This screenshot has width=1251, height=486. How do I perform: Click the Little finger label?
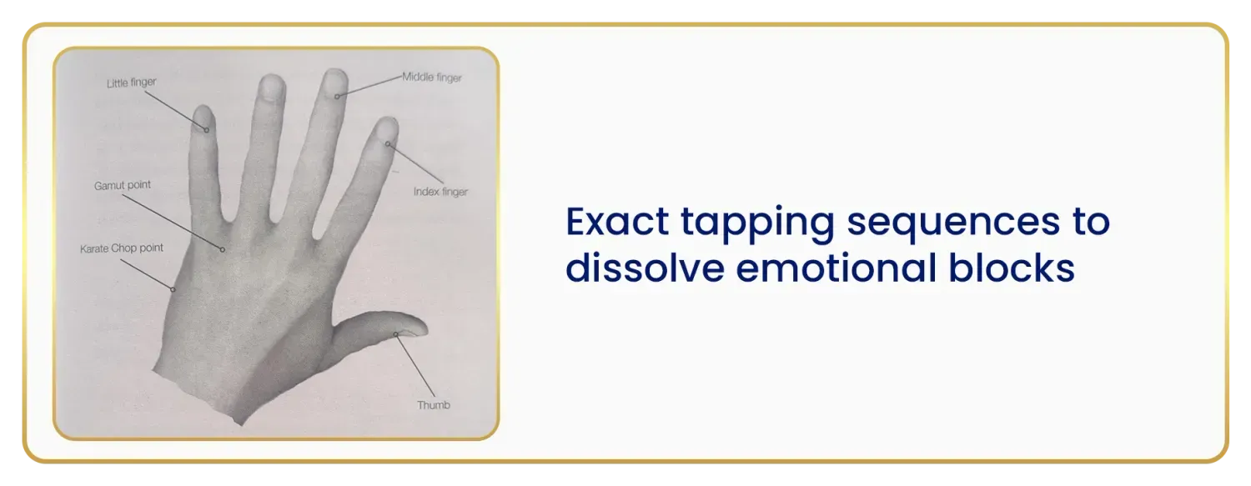pyautogui.click(x=131, y=83)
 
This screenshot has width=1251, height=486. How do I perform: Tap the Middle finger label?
pyautogui.click(x=432, y=78)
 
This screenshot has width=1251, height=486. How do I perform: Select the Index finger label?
pyautogui.click(x=440, y=192)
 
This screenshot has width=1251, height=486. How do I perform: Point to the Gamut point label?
pyautogui.click(x=123, y=185)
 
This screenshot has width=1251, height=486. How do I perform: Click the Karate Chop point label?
pyautogui.click(x=122, y=248)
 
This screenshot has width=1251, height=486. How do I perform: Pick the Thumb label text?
pyautogui.click(x=434, y=405)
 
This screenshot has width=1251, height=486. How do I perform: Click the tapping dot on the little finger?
pyautogui.click(x=207, y=130)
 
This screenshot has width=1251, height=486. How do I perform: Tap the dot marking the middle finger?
pyautogui.click(x=337, y=97)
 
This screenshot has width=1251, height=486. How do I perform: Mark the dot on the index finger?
pyautogui.click(x=388, y=144)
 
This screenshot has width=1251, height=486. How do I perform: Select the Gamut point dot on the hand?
pyautogui.click(x=223, y=249)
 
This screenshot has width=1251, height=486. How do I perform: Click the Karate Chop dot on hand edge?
pyautogui.click(x=173, y=289)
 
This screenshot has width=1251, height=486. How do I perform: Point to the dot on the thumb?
pyautogui.click(x=396, y=334)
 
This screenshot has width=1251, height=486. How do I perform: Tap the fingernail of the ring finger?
pyautogui.click(x=274, y=88)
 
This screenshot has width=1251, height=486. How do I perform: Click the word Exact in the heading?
pyautogui.click(x=617, y=221)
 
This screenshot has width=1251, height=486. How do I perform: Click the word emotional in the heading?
pyautogui.click(x=836, y=268)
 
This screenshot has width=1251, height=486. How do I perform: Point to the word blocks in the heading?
pyautogui.click(x=1012, y=268)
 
